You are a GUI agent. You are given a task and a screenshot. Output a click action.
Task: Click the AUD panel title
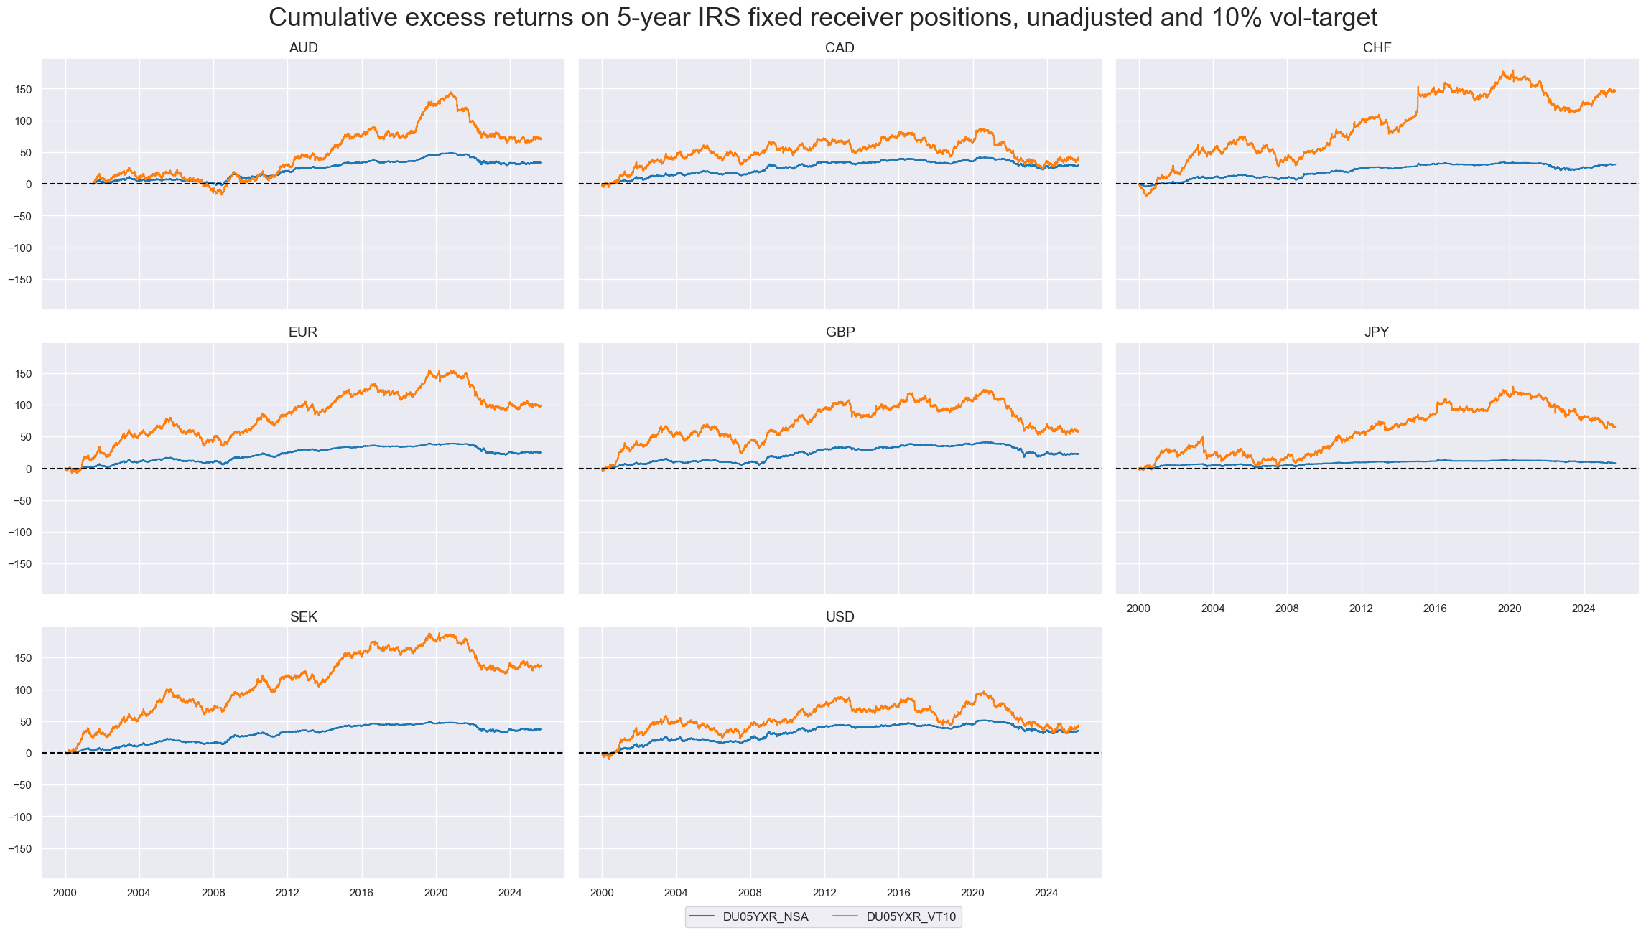coord(303,48)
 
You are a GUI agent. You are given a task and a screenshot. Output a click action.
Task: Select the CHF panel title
coord(1377,48)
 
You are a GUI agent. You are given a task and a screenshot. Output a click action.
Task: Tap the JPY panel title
coord(1377,332)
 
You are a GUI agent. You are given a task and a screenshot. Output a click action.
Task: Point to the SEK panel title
coord(303,617)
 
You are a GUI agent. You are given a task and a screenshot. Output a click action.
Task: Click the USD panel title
coord(840,617)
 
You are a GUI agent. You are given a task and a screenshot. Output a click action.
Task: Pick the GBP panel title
coord(840,332)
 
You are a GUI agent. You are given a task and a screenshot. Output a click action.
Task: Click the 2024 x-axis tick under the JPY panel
coord(1584,609)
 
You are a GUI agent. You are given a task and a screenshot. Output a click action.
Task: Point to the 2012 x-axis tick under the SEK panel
coord(287,893)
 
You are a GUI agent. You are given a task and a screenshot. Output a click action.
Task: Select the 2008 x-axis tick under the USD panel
coord(750,893)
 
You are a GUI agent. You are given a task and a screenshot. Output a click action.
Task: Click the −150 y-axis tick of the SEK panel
coord(21,849)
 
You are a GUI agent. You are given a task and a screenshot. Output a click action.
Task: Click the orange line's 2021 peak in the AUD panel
coord(451,93)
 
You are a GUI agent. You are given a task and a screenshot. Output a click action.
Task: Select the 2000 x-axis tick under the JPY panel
coord(1138,609)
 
